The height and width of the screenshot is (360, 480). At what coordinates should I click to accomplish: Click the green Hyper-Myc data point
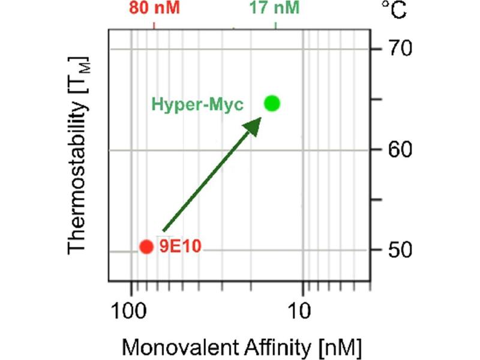(x=272, y=103)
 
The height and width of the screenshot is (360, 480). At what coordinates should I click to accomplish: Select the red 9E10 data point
(x=146, y=246)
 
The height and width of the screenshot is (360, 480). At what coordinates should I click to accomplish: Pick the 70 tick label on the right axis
(x=396, y=48)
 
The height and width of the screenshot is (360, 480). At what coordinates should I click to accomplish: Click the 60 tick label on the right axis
(x=396, y=149)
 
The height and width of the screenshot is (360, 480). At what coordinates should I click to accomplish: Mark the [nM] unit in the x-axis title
(x=332, y=347)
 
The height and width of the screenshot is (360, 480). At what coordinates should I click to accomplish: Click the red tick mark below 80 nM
(x=155, y=25)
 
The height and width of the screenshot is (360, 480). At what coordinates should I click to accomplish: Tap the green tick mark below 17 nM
(x=275, y=25)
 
